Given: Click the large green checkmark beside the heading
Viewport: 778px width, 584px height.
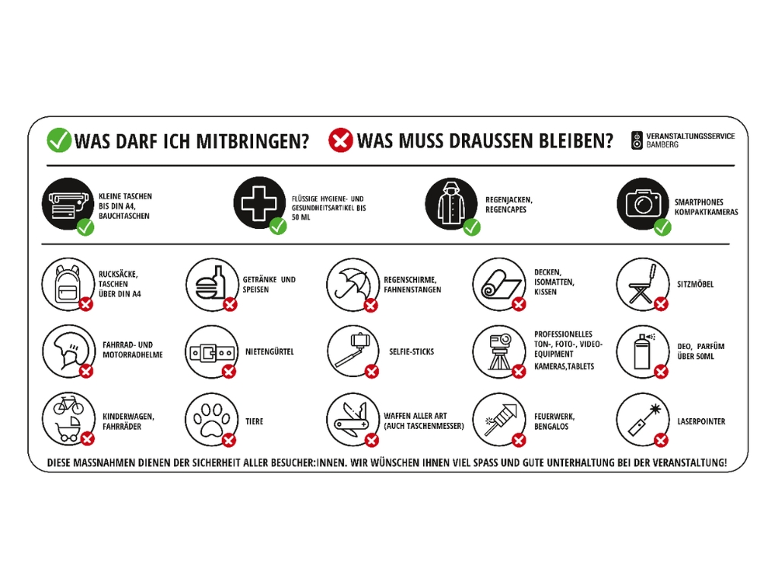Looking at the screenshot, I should [x=59, y=140].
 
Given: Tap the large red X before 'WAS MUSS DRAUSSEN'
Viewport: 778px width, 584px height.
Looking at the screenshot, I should [x=340, y=140].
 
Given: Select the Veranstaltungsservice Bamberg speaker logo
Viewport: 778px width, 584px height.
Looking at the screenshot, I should [x=637, y=140].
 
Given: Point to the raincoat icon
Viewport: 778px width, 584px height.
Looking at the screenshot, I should [x=450, y=202].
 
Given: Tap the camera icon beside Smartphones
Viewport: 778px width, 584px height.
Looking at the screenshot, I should [x=642, y=202].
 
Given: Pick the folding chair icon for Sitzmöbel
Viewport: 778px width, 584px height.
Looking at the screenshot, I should [x=640, y=283].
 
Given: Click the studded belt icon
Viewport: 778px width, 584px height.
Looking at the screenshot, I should [x=210, y=352].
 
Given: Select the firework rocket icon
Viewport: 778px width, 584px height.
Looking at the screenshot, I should [x=498, y=419].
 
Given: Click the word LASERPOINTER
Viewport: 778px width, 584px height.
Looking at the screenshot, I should [x=701, y=421].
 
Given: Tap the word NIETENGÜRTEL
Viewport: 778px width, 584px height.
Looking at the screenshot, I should [x=269, y=352].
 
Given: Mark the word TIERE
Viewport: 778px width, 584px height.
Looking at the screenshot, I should [x=254, y=421].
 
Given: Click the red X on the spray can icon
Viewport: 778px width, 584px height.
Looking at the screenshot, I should [x=661, y=372].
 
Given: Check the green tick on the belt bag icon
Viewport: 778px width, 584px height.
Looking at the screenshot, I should [x=86, y=226].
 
